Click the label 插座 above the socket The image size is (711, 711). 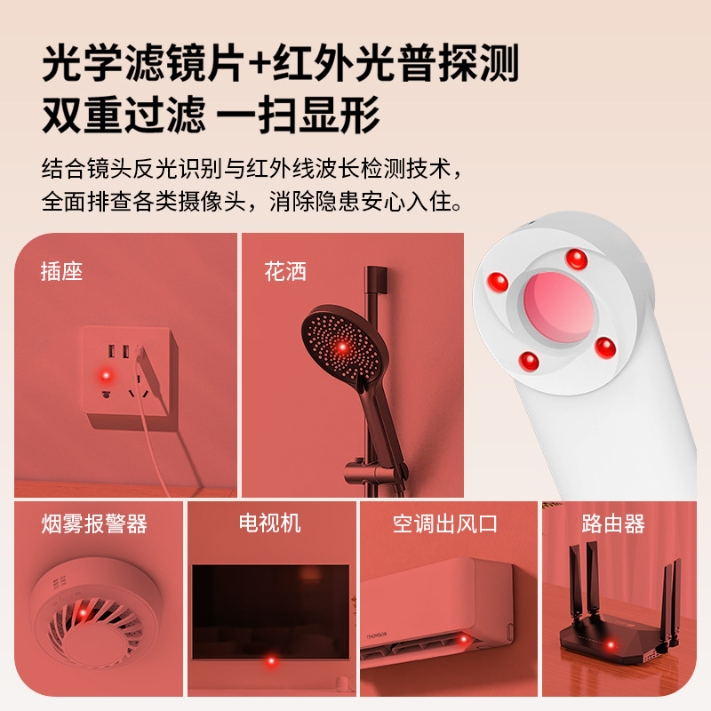pos(61,272)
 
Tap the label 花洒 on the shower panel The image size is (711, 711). pos(285,272)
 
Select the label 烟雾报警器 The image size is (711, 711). pos(94,524)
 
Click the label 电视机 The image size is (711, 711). pos(270,523)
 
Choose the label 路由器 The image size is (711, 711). pos(613,523)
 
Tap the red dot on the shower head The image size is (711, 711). pos(341,347)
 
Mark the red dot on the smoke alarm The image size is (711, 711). pos(82,613)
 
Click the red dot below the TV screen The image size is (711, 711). pos(271,661)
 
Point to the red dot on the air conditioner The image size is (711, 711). pos(463,638)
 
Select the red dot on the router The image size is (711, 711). pos(610,646)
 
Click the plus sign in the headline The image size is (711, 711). pos(257,64)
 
